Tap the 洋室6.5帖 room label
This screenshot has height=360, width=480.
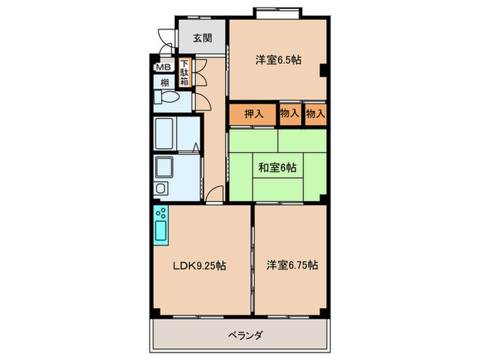point(278,60)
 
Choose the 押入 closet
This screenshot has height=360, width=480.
point(254,114)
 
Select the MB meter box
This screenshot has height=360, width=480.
point(163,67)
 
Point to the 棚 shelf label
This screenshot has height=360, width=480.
point(164,82)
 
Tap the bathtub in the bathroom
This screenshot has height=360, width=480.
point(165,134)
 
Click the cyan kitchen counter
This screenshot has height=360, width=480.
point(161,224)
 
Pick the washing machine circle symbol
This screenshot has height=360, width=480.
point(161,188)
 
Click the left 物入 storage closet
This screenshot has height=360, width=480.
point(289,114)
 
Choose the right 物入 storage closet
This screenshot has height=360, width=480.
point(315,114)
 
